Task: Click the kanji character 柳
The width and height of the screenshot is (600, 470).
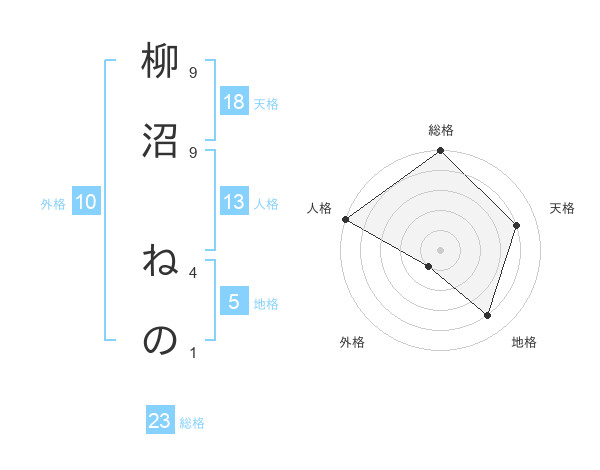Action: click(160, 62)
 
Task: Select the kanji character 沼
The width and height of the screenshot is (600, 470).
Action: click(160, 140)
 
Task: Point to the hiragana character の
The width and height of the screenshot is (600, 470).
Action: click(160, 340)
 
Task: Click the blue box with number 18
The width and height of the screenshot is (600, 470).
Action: click(234, 102)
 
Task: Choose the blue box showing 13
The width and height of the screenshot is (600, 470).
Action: click(234, 203)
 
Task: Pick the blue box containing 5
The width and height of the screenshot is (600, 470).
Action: click(234, 302)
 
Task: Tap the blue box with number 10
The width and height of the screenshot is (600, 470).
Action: click(86, 203)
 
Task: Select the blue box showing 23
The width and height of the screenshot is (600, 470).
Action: click(160, 421)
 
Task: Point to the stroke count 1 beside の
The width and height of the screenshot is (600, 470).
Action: click(193, 352)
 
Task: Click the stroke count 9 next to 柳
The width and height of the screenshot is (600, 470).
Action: click(193, 73)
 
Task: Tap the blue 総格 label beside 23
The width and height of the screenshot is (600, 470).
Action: click(193, 423)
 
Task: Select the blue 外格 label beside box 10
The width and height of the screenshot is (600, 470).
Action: click(53, 204)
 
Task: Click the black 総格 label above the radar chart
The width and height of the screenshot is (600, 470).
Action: click(441, 130)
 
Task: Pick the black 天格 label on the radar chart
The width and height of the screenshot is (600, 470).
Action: click(562, 208)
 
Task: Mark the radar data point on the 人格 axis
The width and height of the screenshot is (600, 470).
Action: click(345, 219)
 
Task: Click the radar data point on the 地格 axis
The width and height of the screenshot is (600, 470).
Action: click(487, 315)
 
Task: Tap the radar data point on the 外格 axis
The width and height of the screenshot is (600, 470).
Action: click(428, 266)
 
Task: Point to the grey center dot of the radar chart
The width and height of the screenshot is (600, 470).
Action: click(440, 249)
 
